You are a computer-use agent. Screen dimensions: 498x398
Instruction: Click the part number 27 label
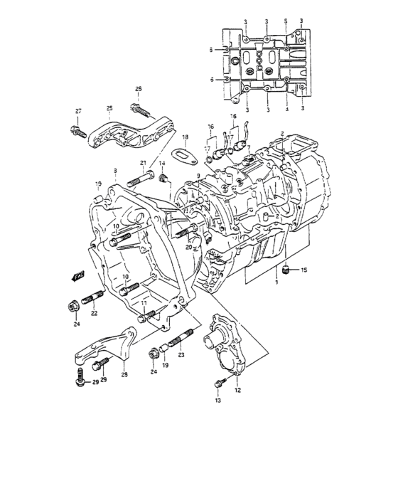click(x=79, y=111)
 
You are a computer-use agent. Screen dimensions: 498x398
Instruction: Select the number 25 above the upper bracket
click(x=109, y=108)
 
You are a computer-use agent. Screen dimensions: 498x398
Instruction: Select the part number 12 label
click(x=237, y=389)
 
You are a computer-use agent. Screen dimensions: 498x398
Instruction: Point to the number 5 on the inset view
click(x=286, y=21)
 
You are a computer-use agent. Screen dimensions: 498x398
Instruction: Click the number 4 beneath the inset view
click(x=286, y=109)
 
